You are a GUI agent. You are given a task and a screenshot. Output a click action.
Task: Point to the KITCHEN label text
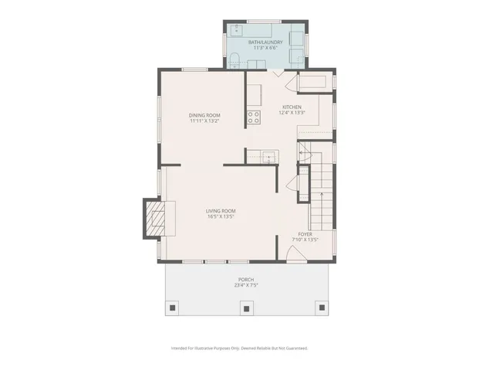tap(292, 107)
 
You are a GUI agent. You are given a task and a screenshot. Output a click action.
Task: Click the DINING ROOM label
tap(204, 115)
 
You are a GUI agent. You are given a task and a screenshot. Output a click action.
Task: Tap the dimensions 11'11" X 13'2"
tap(204, 121)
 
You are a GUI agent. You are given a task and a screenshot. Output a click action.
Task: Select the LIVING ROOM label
tap(221, 211)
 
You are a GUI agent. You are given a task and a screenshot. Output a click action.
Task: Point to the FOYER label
tap(305, 233)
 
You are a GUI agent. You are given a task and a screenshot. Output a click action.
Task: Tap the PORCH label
tap(245, 280)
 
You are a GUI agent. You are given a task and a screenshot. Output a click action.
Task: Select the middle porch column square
tap(246, 309)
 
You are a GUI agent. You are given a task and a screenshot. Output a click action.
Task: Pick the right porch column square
tap(320, 309)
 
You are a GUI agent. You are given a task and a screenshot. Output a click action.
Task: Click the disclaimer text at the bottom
tap(239, 349)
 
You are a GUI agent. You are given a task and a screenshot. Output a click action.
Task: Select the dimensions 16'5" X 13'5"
tap(221, 217)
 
